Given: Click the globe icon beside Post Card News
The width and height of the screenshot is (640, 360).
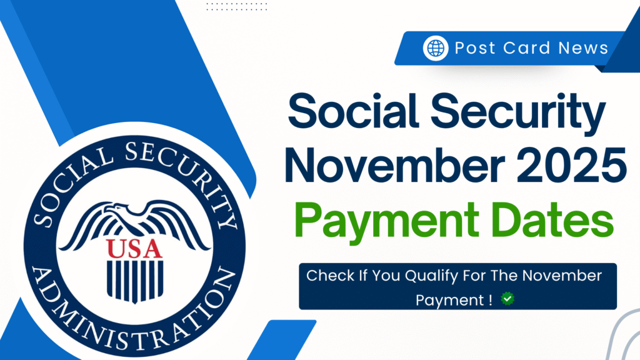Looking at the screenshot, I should (436, 47).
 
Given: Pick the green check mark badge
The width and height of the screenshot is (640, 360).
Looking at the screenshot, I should (508, 299).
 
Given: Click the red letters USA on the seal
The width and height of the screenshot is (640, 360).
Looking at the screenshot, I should (134, 248).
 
